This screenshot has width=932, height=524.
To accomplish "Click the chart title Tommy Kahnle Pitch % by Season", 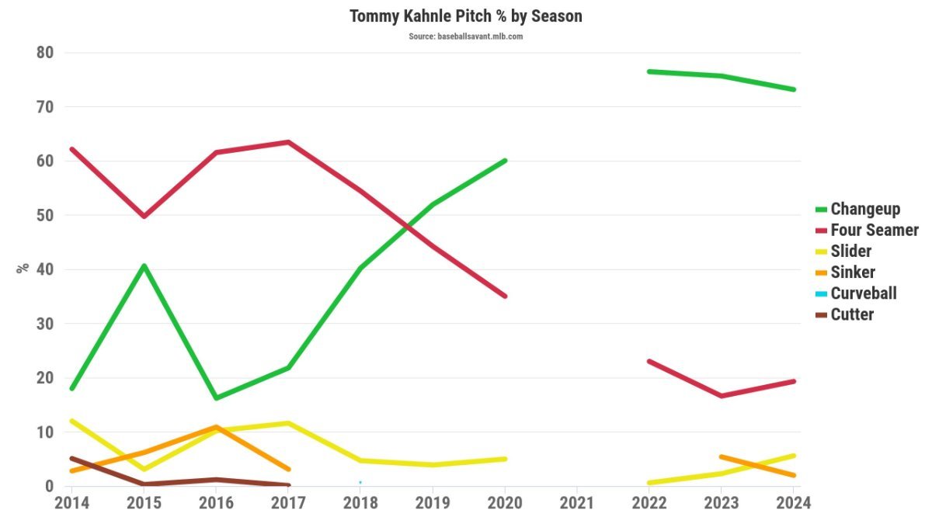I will (465, 16).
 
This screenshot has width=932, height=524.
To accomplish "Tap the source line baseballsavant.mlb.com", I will (465, 36).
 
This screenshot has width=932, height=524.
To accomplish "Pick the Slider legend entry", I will (850, 251).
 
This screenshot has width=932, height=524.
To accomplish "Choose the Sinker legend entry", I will (852, 272).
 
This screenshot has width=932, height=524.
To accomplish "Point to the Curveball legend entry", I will (863, 293).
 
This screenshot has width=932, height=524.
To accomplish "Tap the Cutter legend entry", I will (851, 314).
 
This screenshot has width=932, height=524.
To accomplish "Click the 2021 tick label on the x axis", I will (577, 503).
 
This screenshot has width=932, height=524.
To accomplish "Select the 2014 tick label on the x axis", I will (71, 503).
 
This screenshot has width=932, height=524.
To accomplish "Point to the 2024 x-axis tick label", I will (794, 503).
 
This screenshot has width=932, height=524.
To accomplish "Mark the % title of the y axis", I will (23, 267).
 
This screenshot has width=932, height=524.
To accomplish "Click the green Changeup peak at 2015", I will (144, 265).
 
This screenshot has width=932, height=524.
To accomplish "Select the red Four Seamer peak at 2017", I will (288, 142).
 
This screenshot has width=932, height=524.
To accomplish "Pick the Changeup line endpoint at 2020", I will (505, 161).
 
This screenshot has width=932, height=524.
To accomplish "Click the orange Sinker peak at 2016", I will (216, 427).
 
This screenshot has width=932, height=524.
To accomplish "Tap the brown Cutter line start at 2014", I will (72, 459).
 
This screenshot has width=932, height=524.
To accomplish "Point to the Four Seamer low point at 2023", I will (722, 396).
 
